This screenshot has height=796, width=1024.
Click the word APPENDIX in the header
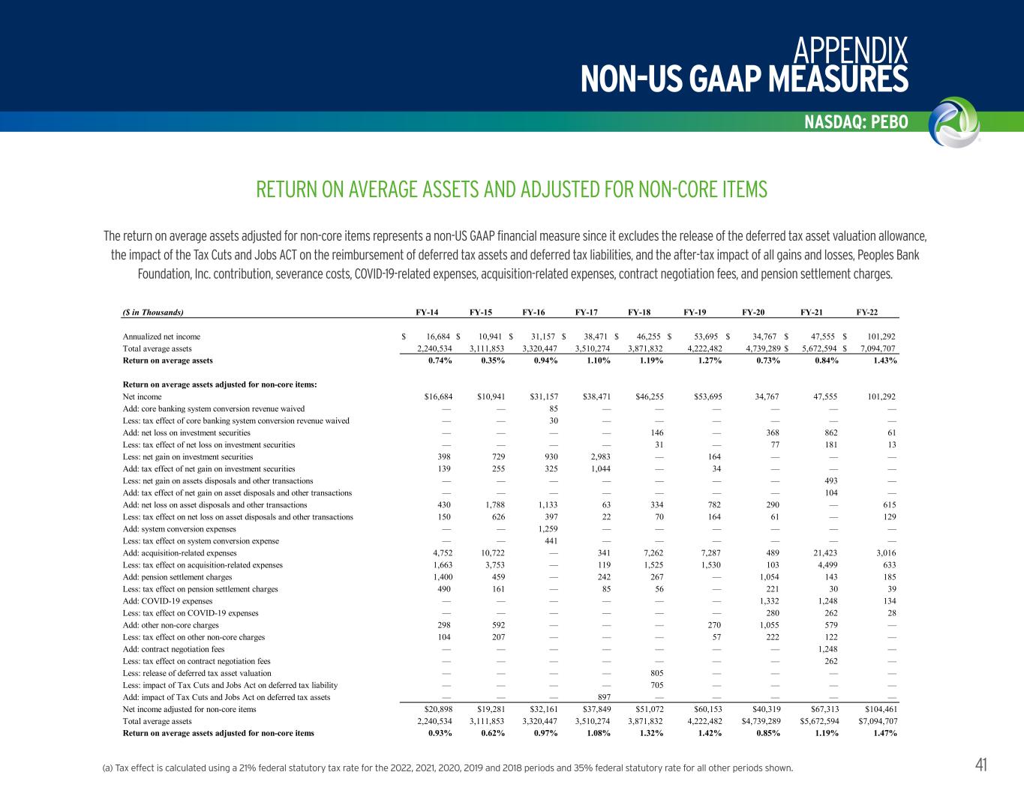click(x=850, y=50)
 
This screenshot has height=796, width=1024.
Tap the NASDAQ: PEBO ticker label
click(x=856, y=122)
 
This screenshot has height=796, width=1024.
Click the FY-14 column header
click(x=427, y=313)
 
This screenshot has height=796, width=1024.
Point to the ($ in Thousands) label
click(x=153, y=313)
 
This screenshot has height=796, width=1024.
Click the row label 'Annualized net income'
click(x=161, y=337)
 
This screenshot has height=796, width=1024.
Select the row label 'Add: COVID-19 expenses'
click(x=167, y=601)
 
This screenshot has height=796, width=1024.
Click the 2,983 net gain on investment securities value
click(x=597, y=456)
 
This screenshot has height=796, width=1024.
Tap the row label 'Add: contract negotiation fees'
click(x=173, y=649)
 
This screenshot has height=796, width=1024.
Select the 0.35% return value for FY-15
click(x=492, y=361)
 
